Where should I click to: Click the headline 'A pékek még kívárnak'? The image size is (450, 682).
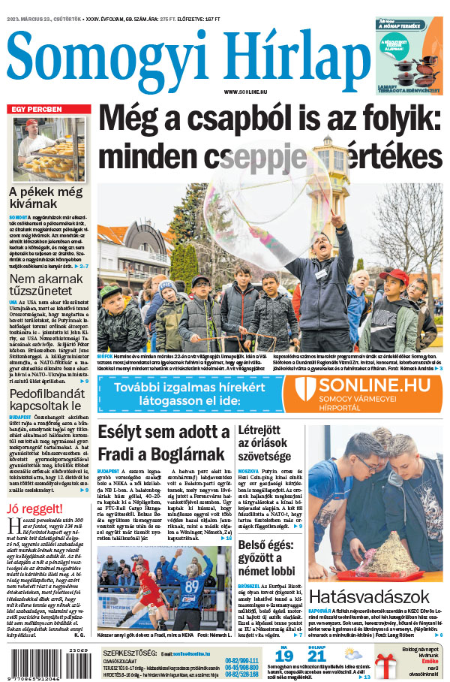coord(44,199)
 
